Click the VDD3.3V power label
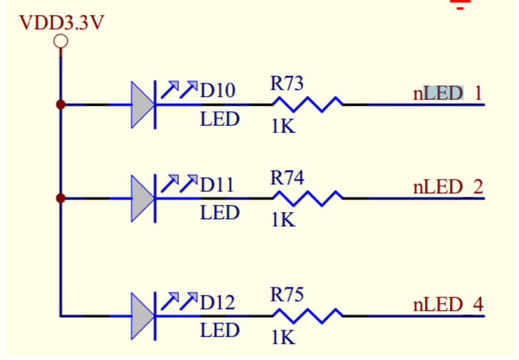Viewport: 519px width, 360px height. click(61, 23)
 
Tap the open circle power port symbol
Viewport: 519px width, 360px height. click(61, 42)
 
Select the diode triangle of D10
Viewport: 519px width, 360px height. click(143, 105)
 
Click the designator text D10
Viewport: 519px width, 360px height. click(218, 90)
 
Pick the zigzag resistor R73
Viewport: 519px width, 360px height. click(308, 104)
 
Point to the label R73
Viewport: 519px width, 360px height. click(287, 83)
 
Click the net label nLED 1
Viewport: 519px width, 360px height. click(448, 94)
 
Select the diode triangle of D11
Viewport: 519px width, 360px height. click(143, 199)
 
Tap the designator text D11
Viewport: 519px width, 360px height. click(217, 184)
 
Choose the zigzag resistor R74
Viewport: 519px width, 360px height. click(308, 199)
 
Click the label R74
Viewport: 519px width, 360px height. click(287, 178)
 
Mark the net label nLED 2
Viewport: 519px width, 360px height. click(448, 186)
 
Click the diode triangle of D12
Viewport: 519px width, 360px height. click(143, 316)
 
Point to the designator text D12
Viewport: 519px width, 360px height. click(218, 302)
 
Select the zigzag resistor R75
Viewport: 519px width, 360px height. click(308, 316)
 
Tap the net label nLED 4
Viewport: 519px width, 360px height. click(448, 304)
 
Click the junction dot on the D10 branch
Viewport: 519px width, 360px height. click(61, 105)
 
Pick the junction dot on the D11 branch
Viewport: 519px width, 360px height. click(61, 199)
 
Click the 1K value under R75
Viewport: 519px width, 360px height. click(283, 338)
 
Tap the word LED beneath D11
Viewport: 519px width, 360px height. click(219, 212)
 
